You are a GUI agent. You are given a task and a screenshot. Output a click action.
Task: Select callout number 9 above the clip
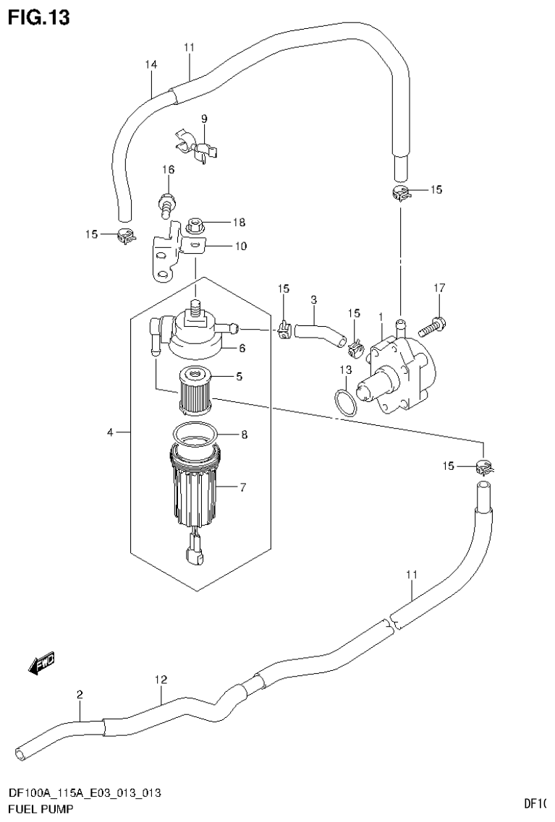click(204, 119)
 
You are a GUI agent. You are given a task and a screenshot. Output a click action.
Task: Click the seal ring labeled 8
click(195, 436)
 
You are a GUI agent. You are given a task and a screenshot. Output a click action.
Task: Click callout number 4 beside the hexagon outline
click(110, 432)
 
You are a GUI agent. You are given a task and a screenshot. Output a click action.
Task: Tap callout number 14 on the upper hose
click(151, 64)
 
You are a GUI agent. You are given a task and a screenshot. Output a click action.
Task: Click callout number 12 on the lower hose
click(161, 679)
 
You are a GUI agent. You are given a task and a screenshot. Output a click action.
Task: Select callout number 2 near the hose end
click(80, 694)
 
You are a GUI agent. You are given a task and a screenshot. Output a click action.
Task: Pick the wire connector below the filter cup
click(193, 554)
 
